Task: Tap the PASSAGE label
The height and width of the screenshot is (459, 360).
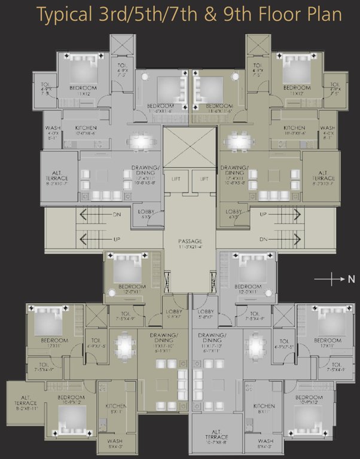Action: [189, 241]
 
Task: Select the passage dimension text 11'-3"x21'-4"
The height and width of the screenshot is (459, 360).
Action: [189, 246]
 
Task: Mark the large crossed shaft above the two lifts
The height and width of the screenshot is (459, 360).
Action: [189, 148]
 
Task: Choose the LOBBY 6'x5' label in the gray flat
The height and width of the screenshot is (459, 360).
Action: [146, 214]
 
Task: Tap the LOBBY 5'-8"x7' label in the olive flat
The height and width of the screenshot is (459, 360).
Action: [174, 314]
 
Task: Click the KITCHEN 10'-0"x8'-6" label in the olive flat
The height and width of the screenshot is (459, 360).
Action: [294, 130]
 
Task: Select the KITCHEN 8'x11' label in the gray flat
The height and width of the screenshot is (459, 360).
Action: [264, 408]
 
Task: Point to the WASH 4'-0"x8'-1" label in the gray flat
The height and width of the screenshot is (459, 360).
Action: [53, 131]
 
